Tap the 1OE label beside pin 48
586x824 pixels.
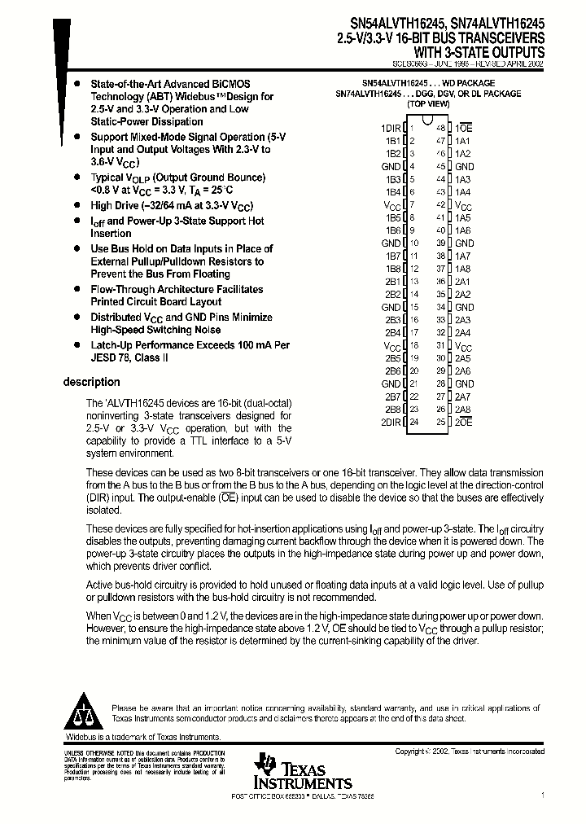point(464,128)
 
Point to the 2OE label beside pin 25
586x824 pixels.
point(464,423)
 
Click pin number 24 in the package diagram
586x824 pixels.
point(413,423)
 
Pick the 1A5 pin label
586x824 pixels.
point(463,217)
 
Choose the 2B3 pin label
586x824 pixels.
point(393,320)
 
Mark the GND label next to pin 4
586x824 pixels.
point(391,166)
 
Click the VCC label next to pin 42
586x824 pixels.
point(463,205)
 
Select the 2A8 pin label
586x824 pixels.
point(463,410)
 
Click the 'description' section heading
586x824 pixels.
point(92,382)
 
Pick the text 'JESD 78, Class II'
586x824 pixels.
point(129,357)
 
